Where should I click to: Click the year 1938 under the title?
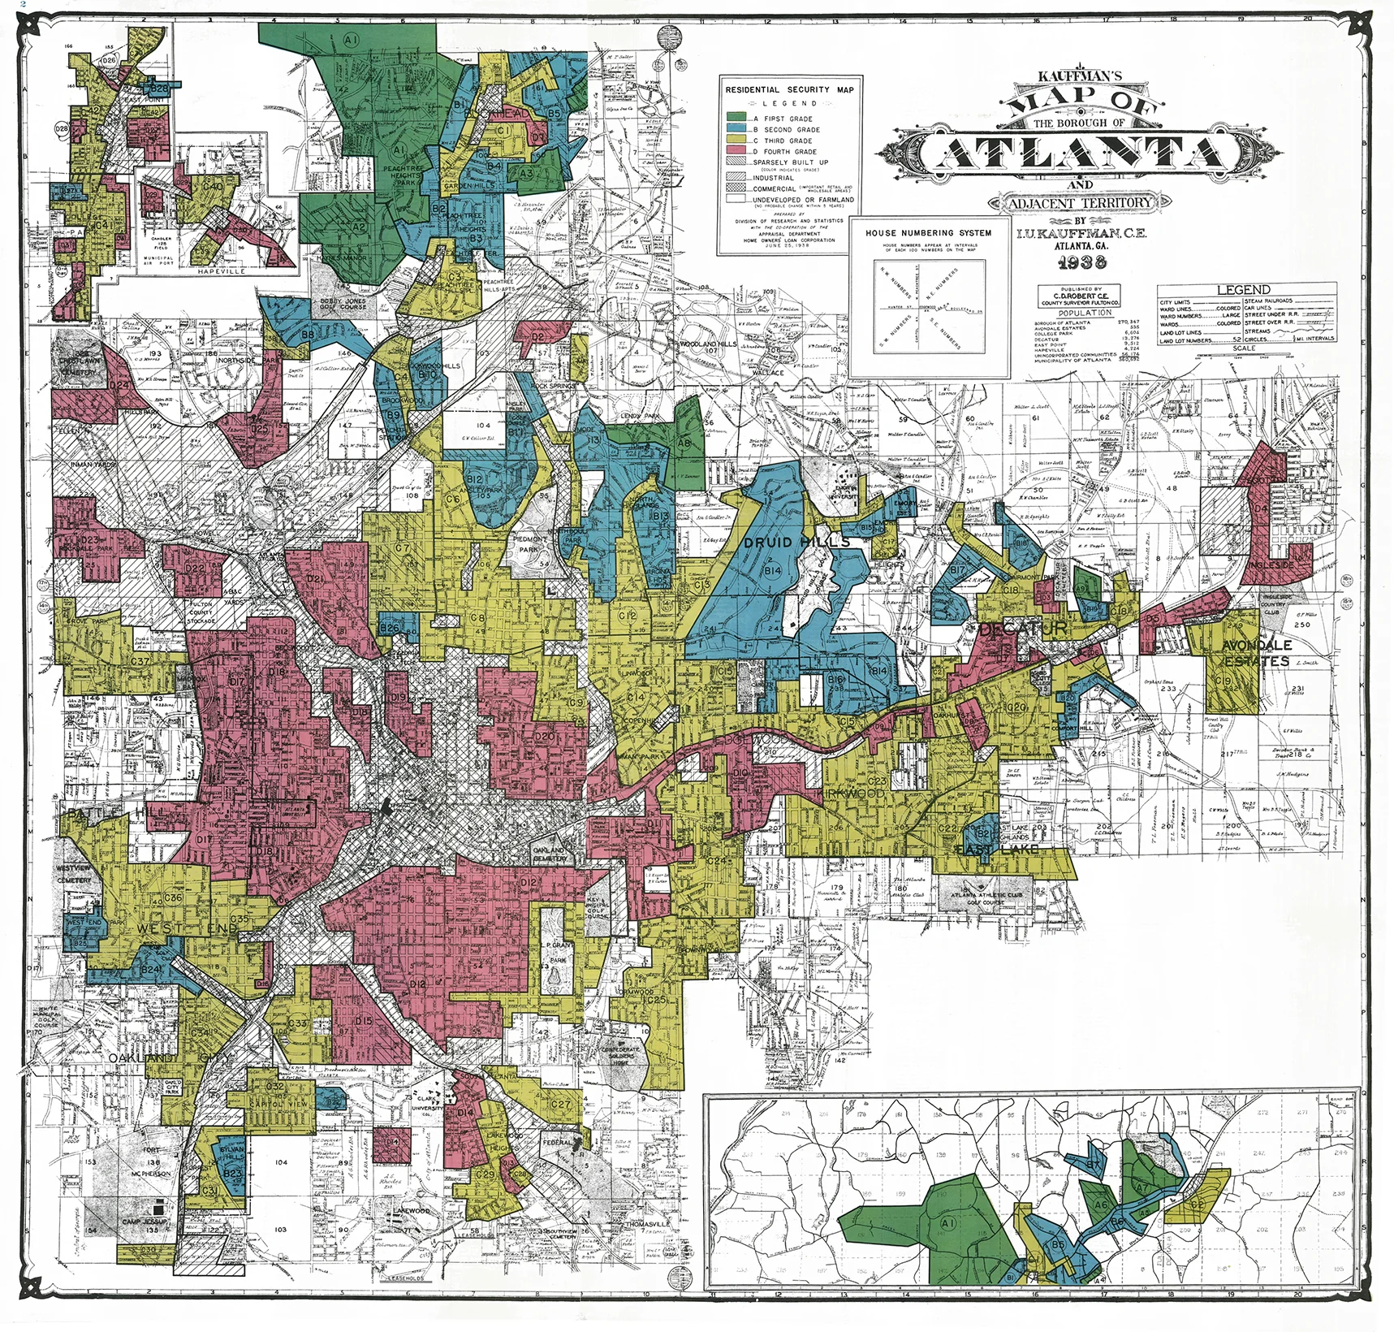pyautogui.click(x=1081, y=262)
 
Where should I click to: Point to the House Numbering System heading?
pyautogui.click(x=928, y=232)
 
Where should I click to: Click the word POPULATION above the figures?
pyautogui.click(x=1085, y=313)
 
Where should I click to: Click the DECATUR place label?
pyautogui.click(x=1022, y=629)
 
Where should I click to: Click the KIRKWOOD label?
pyautogui.click(x=852, y=792)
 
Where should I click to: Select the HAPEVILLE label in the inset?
pyautogui.click(x=221, y=271)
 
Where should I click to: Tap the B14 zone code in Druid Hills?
pyautogui.click(x=772, y=571)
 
